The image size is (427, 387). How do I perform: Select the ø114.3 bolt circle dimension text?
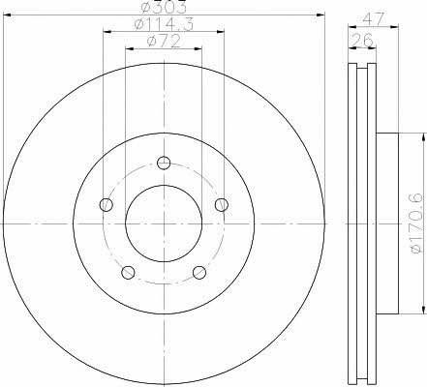(164, 24)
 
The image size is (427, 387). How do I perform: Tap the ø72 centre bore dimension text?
(164, 42)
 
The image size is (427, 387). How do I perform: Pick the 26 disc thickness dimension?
(362, 40)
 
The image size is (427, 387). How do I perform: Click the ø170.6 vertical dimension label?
(416, 223)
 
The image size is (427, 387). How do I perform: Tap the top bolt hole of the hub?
(164, 163)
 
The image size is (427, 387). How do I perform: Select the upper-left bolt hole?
(107, 204)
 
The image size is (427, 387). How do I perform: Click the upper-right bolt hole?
(222, 204)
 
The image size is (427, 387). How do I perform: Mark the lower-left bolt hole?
(128, 272)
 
